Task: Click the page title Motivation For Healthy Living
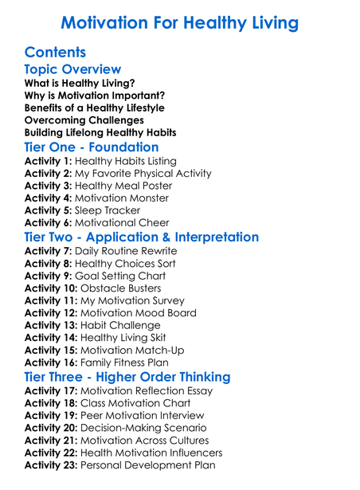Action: pos(180,22)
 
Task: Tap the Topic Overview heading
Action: pos(72,71)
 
